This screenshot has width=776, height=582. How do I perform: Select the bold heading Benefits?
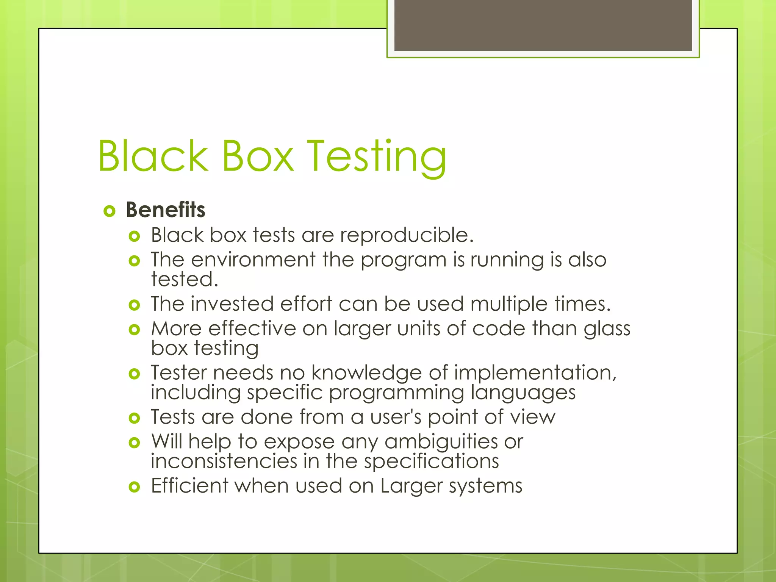pyautogui.click(x=166, y=210)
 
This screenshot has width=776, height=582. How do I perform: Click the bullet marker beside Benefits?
pyautogui.click(x=109, y=211)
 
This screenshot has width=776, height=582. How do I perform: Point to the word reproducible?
pyautogui.click(x=407, y=236)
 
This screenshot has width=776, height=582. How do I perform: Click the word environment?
pyautogui.click(x=253, y=260)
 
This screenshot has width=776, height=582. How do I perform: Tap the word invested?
pyautogui.click(x=232, y=304)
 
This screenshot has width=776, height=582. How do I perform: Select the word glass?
pyautogui.click(x=607, y=329)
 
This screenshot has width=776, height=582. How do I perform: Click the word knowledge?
pyautogui.click(x=366, y=373)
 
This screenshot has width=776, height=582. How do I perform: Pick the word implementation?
pyautogui.click(x=535, y=373)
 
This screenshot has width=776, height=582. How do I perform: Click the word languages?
pyautogui.click(x=523, y=393)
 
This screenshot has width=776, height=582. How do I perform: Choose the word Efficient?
pyautogui.click(x=190, y=486)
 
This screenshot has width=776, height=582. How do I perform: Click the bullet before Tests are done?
pyautogui.click(x=134, y=418)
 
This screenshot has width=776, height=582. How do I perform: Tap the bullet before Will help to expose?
pyautogui.click(x=134, y=443)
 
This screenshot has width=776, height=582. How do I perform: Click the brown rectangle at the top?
pyautogui.click(x=543, y=25)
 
